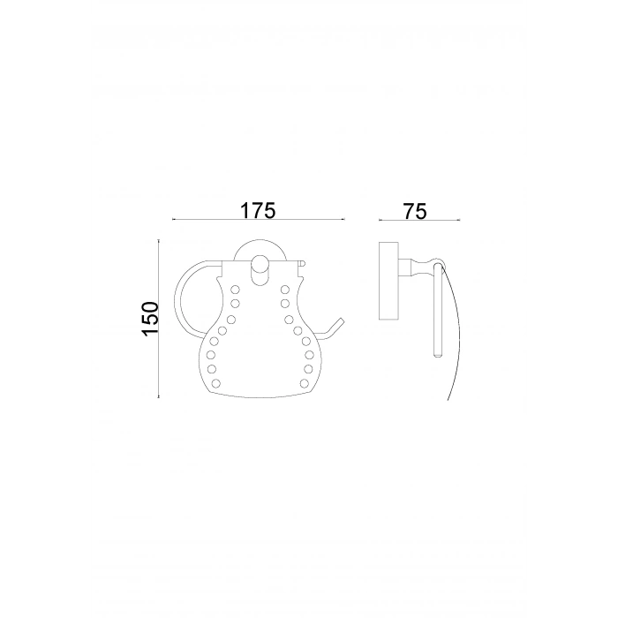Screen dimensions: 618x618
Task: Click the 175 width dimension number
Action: pos(258,210)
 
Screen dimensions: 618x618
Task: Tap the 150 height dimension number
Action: pos(151,319)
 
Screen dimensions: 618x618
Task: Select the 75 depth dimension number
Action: pos(415,211)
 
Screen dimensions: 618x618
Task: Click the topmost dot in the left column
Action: pos(235,290)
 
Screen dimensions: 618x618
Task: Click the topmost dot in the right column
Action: pos(285,290)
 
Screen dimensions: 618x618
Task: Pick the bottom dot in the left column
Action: pos(215,382)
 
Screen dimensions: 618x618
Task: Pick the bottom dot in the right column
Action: pos(305,382)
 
